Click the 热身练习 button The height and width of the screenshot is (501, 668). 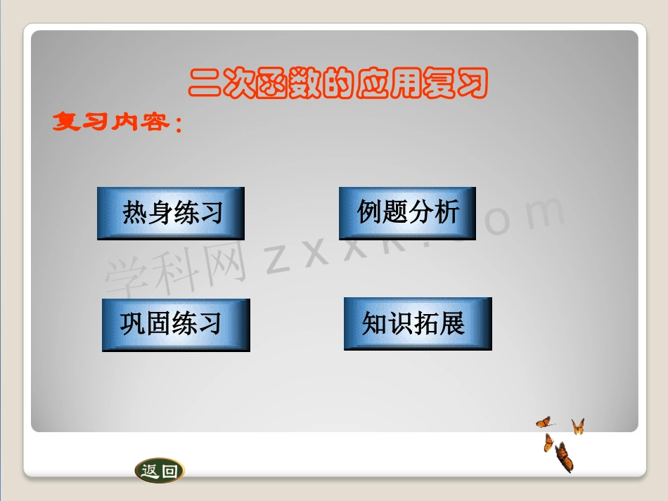coord(171,213)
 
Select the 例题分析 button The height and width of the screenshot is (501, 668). coord(407,213)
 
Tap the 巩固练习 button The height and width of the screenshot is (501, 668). coord(176,325)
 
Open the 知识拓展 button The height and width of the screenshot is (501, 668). coord(417,323)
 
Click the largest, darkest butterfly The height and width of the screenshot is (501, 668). coord(564,457)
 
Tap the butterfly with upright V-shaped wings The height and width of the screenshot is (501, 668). coord(578,426)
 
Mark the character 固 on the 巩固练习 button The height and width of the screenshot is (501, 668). coord(158,324)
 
